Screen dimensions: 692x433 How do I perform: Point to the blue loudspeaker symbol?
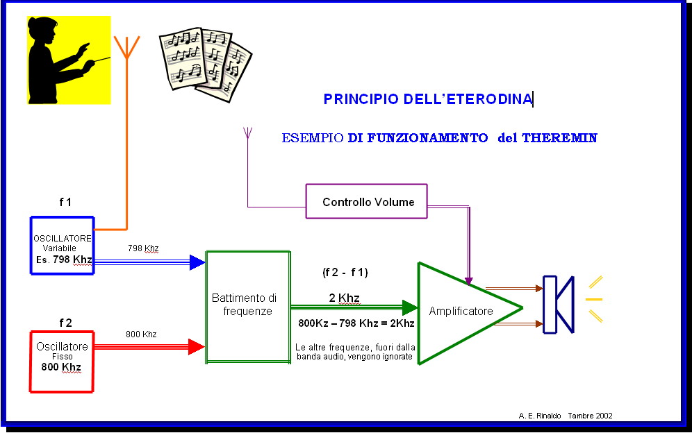[559, 304]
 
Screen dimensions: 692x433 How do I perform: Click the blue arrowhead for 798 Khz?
[197, 262]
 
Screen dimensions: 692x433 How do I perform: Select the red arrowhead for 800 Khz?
[197, 346]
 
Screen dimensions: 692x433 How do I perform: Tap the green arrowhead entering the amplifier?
[410, 307]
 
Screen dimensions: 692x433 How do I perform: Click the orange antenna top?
[126, 46]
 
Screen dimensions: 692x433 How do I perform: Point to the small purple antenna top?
[247, 133]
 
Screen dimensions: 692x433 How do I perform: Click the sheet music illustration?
[205, 65]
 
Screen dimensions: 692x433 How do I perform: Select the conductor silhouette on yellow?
[69, 60]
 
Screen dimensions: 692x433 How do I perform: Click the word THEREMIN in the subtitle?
[559, 138]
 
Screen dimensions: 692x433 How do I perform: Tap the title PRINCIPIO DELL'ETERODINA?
[428, 99]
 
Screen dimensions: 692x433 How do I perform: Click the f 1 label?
[65, 202]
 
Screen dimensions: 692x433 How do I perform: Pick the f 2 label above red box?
[65, 323]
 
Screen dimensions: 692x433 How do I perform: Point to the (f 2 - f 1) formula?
[345, 273]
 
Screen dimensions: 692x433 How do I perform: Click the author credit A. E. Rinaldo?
[540, 416]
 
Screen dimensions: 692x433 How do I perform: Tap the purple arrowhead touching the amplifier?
[469, 281]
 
